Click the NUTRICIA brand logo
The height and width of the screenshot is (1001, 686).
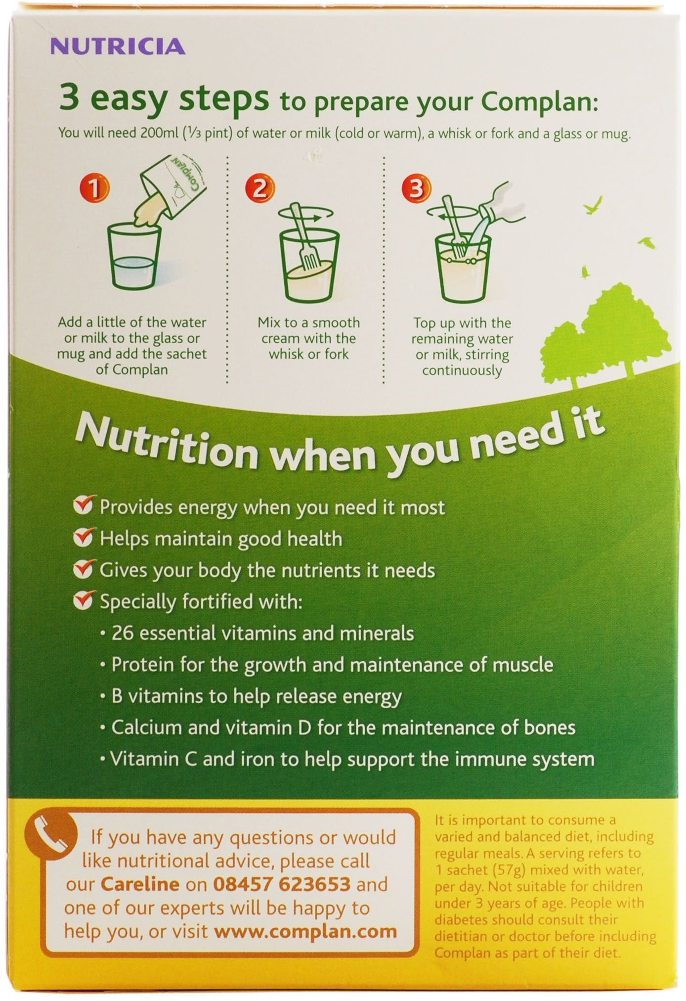(x=118, y=47)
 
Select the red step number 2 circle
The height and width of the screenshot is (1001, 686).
(x=259, y=188)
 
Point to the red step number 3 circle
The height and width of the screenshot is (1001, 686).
(x=416, y=188)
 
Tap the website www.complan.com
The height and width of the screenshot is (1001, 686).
(x=305, y=931)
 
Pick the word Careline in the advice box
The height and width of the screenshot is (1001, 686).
(x=140, y=884)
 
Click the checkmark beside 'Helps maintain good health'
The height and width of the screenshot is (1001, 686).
(x=84, y=538)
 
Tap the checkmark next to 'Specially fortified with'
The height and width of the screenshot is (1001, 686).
(x=84, y=601)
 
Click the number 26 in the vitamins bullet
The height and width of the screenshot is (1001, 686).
(x=122, y=633)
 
